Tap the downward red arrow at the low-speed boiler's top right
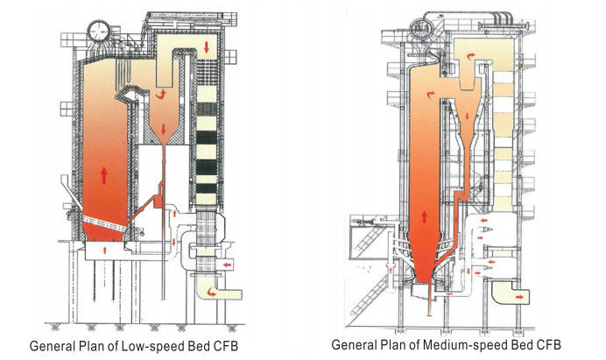point(207,45)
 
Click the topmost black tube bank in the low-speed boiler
point(207,115)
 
